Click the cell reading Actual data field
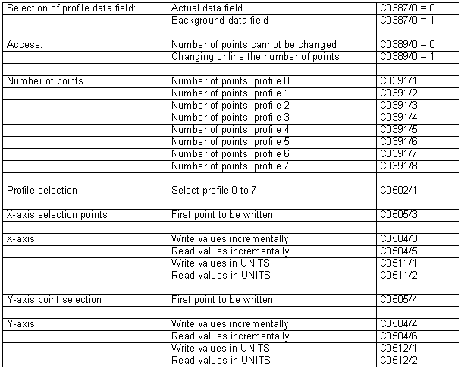coord(207,8)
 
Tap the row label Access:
coord(24,45)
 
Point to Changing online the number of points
coord(255,57)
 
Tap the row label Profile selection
coord(42,190)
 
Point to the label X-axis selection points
coord(57,215)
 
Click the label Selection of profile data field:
coord(71,8)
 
